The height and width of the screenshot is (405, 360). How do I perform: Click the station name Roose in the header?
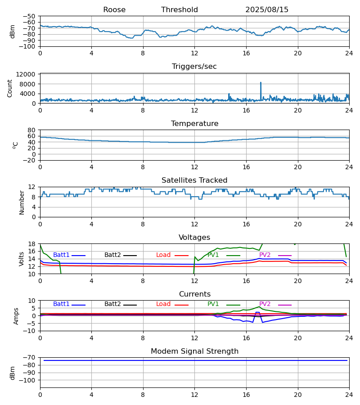tap(114, 10)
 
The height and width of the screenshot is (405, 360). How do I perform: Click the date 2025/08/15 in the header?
tap(267, 10)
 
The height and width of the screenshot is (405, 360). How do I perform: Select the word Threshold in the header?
tap(180, 10)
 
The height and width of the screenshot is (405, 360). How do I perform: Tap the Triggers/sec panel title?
tap(194, 67)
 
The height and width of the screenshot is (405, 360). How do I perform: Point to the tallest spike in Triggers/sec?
tap(261, 83)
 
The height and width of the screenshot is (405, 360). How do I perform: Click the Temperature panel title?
tap(194, 124)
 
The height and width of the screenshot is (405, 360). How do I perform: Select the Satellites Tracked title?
tap(194, 180)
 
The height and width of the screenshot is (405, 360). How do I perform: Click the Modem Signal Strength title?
tap(194, 351)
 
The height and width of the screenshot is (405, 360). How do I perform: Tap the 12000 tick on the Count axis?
tap(28, 74)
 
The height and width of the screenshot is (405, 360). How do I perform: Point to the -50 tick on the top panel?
tap(30, 16)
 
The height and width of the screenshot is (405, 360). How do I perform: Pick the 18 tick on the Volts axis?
tap(32, 244)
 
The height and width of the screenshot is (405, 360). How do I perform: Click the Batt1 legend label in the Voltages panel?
tap(61, 255)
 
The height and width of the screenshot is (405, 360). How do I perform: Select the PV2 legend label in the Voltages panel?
tap(265, 255)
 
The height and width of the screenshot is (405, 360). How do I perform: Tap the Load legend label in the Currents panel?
tap(163, 304)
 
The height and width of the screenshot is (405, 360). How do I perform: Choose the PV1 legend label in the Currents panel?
tap(213, 304)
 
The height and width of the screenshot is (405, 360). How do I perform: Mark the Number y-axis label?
tap(22, 202)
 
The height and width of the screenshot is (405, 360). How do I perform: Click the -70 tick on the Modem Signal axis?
tap(30, 357)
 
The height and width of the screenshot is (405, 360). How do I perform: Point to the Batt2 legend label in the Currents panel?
tap(112, 304)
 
